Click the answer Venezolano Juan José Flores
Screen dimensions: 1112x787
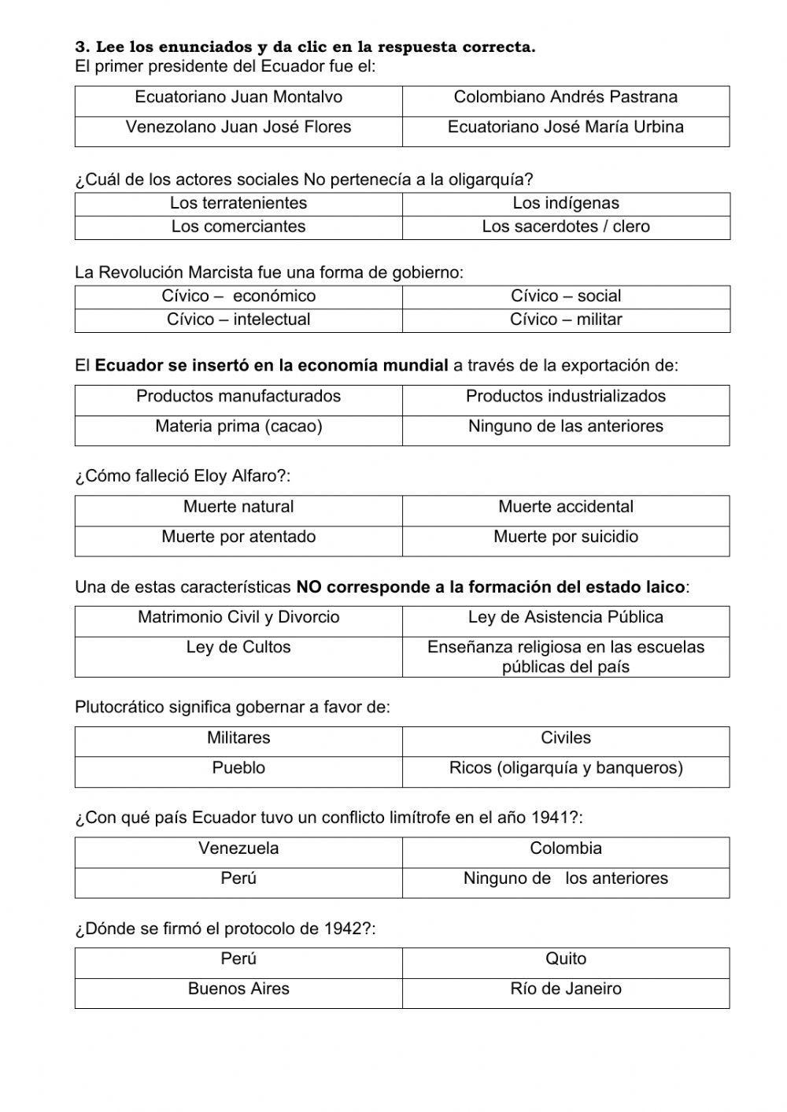(x=238, y=127)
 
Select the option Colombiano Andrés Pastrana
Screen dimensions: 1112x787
(x=565, y=98)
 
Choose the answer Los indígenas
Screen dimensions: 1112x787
(x=565, y=203)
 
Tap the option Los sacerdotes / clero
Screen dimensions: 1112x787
(x=565, y=227)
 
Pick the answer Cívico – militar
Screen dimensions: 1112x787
(x=565, y=320)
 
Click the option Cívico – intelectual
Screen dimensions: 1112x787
(x=238, y=320)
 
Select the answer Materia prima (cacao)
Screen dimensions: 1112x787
(x=238, y=427)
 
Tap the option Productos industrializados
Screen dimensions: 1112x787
(x=565, y=397)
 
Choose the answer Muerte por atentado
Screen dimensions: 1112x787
(x=238, y=537)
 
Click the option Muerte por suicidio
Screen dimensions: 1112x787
(x=565, y=537)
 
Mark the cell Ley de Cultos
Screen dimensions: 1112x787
(x=238, y=647)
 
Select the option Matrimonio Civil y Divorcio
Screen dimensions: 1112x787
(x=238, y=617)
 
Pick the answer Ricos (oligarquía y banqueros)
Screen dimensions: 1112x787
(x=565, y=767)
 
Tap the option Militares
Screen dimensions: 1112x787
(x=238, y=738)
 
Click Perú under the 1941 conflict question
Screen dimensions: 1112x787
(x=238, y=878)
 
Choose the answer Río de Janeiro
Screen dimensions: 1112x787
(x=565, y=988)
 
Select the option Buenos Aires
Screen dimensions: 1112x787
(x=238, y=988)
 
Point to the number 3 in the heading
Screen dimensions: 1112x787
(x=79, y=47)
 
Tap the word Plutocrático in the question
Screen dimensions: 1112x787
(x=120, y=707)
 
